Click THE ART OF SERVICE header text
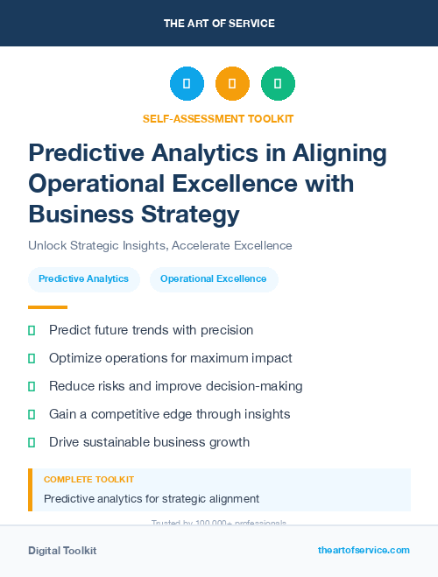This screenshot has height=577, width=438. pos(218,23)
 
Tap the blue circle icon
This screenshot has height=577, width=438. pos(187,84)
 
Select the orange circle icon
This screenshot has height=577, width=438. pos(232,84)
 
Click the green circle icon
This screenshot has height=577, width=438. pos(278,84)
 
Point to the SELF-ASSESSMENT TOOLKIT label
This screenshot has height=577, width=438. pos(218,118)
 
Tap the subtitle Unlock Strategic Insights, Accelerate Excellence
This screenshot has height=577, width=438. pos(159,245)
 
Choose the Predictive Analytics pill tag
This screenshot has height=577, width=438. pos(83,278)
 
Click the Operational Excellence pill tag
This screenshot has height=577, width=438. pos(213,278)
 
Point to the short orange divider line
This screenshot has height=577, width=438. pos(47,307)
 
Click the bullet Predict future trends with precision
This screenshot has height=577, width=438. pos(151,330)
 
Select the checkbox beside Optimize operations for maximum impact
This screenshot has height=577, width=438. pos(32,358)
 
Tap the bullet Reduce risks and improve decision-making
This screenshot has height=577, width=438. pos(175,386)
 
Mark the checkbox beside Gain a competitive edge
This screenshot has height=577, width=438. pos(32,414)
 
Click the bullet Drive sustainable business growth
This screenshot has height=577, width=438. pos(149,442)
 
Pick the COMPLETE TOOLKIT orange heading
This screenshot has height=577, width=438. pos(88,480)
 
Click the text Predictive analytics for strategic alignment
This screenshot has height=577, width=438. pos(152,498)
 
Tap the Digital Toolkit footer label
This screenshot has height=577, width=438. pos(62,550)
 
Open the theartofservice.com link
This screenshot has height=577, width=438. pos(364,550)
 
